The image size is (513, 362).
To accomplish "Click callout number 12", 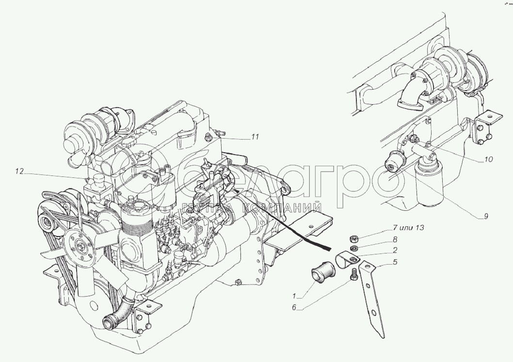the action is point(19,171).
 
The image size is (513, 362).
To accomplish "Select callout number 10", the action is point(488,159).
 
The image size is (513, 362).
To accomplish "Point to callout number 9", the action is point(486,216).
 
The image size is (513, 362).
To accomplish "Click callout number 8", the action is point(395,239).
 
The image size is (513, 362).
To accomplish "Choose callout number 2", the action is point(395,250).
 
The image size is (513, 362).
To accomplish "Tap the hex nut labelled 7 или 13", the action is point(354,239).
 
